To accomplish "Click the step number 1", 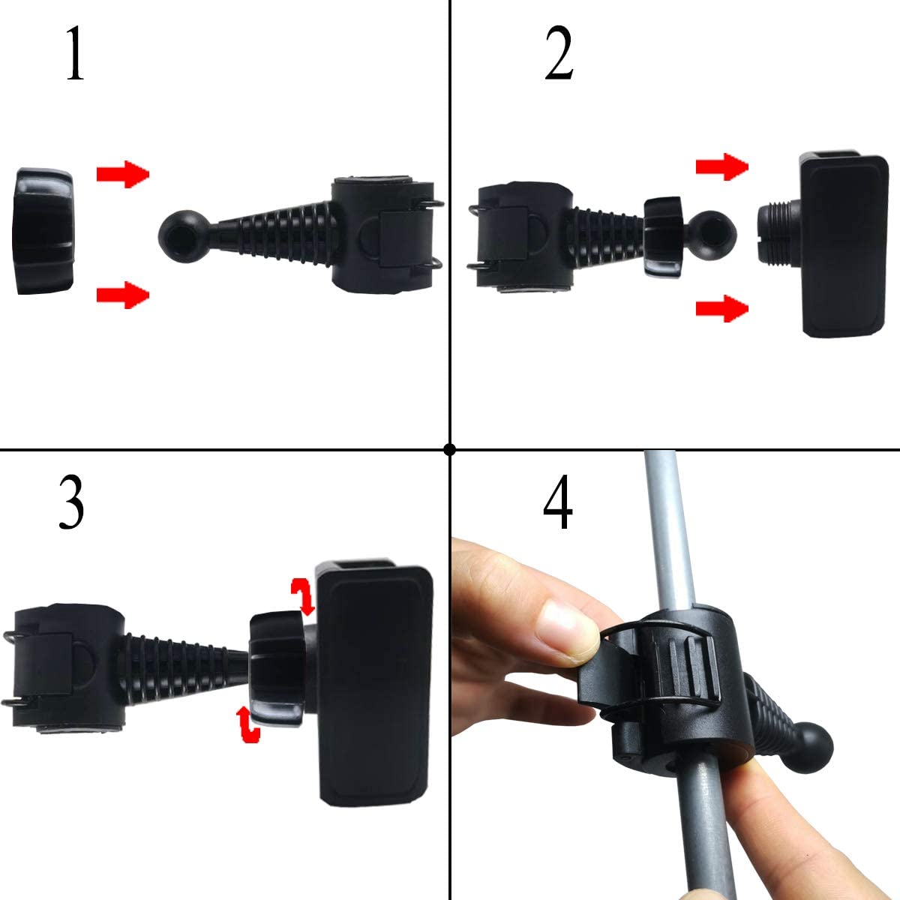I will click(x=73, y=54).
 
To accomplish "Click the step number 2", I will click(x=559, y=54).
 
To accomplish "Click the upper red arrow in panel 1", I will click(x=123, y=174).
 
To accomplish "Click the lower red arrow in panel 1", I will click(x=123, y=294).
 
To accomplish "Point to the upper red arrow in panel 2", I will click(x=722, y=167).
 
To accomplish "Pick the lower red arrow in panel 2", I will click(x=722, y=307).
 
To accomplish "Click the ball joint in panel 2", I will click(x=709, y=234).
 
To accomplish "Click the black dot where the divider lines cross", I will click(x=449, y=449).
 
